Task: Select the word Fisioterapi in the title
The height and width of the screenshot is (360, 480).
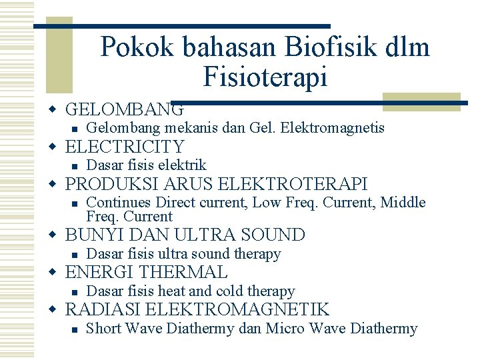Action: pyautogui.click(x=265, y=77)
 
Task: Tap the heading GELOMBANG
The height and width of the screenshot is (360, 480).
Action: pyautogui.click(x=125, y=109)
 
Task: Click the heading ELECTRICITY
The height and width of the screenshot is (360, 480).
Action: pyautogui.click(x=125, y=147)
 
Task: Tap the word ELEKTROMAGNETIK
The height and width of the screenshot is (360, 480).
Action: pyautogui.click(x=237, y=309)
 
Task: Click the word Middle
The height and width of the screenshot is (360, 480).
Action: pyautogui.click(x=403, y=203)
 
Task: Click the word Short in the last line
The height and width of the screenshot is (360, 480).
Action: pyautogui.click(x=103, y=329)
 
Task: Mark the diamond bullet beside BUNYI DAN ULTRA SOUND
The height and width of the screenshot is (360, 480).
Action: pyautogui.click(x=59, y=235)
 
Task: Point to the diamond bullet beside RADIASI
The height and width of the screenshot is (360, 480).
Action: pyautogui.click(x=59, y=309)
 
